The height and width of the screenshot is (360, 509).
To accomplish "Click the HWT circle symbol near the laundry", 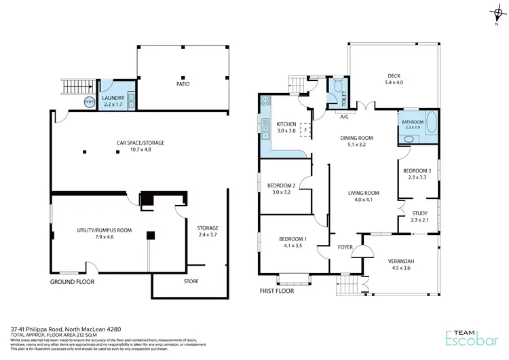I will [89, 103].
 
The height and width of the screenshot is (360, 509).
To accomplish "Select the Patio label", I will [183, 84].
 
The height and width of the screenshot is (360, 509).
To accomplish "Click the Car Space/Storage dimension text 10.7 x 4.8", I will [140, 150].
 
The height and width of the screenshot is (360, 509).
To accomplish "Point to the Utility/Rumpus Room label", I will [105, 230].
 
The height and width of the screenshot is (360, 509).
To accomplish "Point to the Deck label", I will [394, 75].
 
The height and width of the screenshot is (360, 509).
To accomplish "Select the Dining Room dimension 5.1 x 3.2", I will [357, 145].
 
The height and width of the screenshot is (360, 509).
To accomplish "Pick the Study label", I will [420, 212].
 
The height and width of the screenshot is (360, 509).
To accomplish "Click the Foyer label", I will [345, 247].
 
